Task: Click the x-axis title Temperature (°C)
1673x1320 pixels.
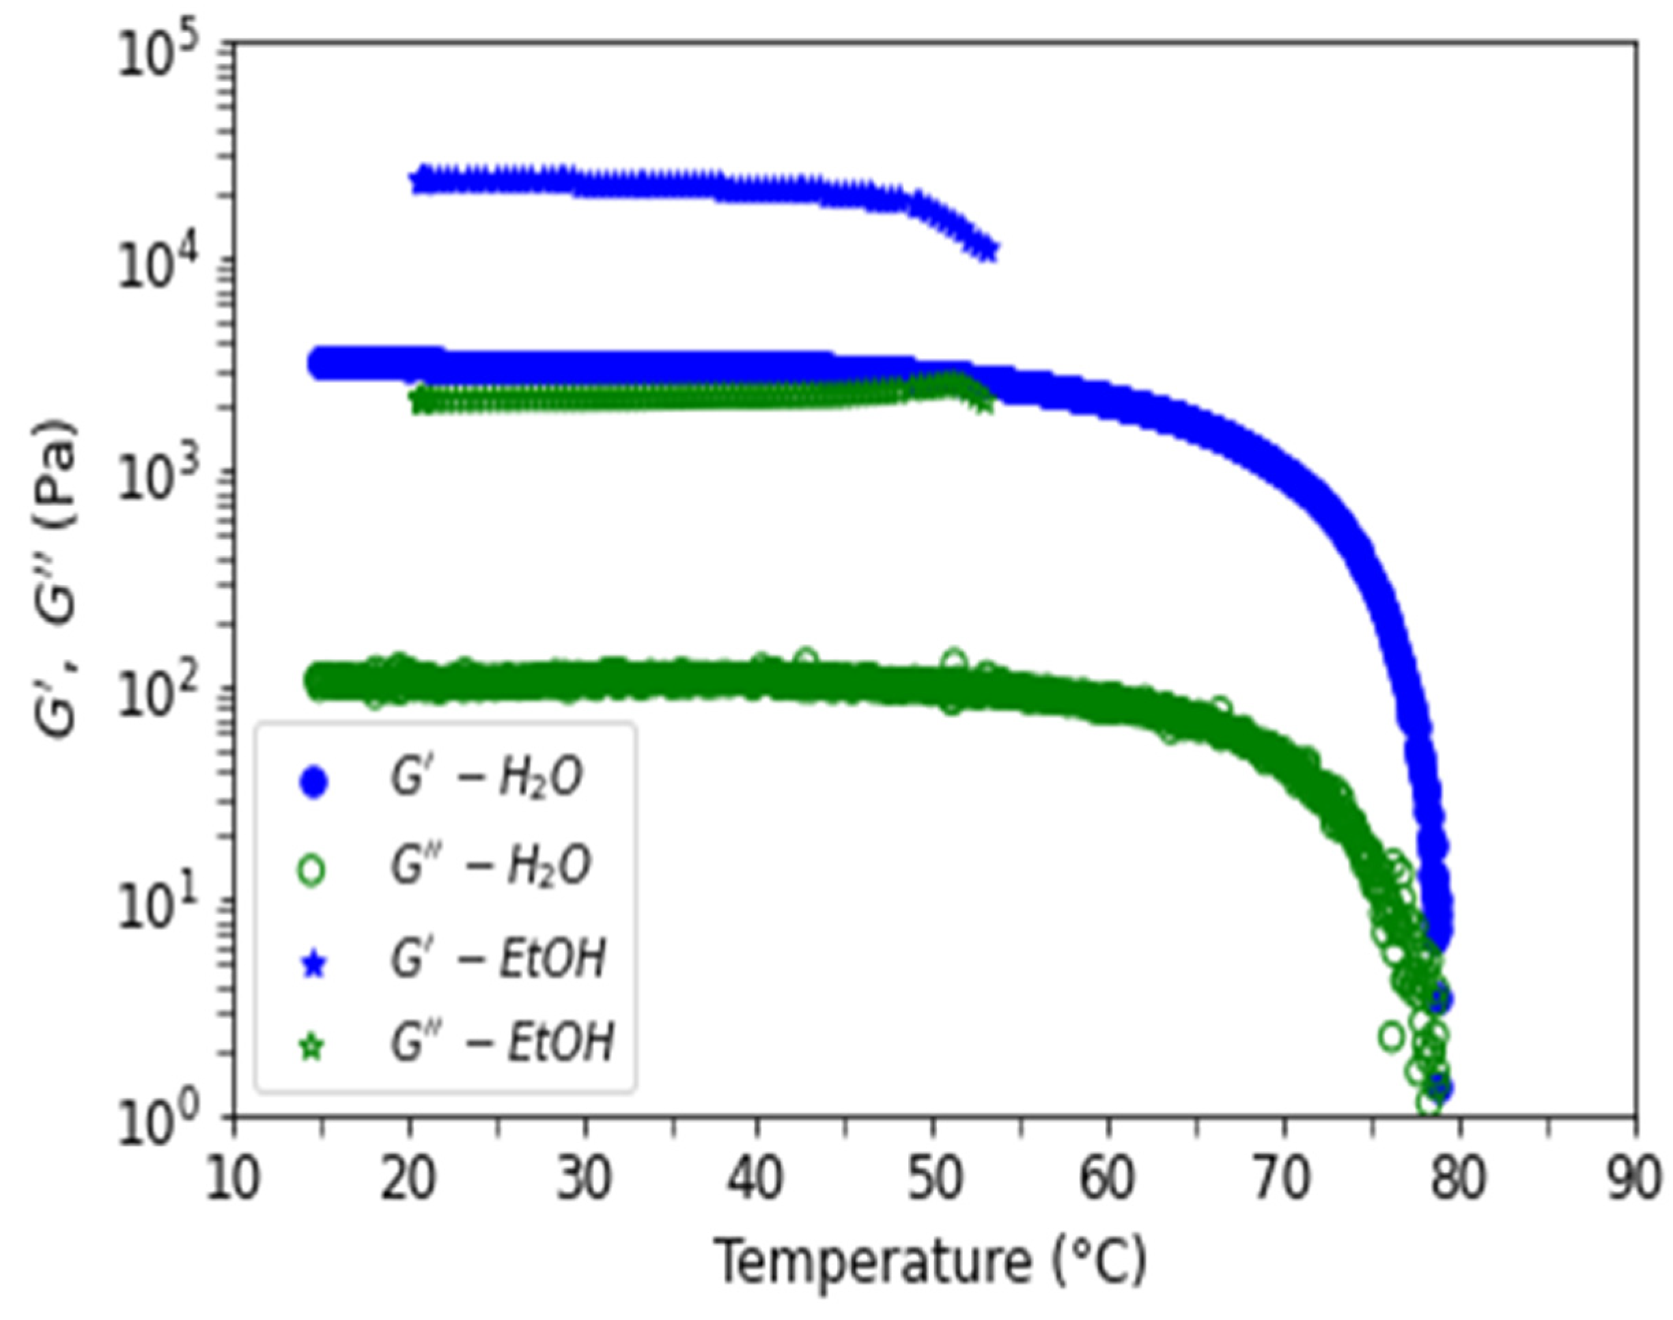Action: (x=931, y=1262)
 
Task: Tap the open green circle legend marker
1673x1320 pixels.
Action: (x=311, y=870)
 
